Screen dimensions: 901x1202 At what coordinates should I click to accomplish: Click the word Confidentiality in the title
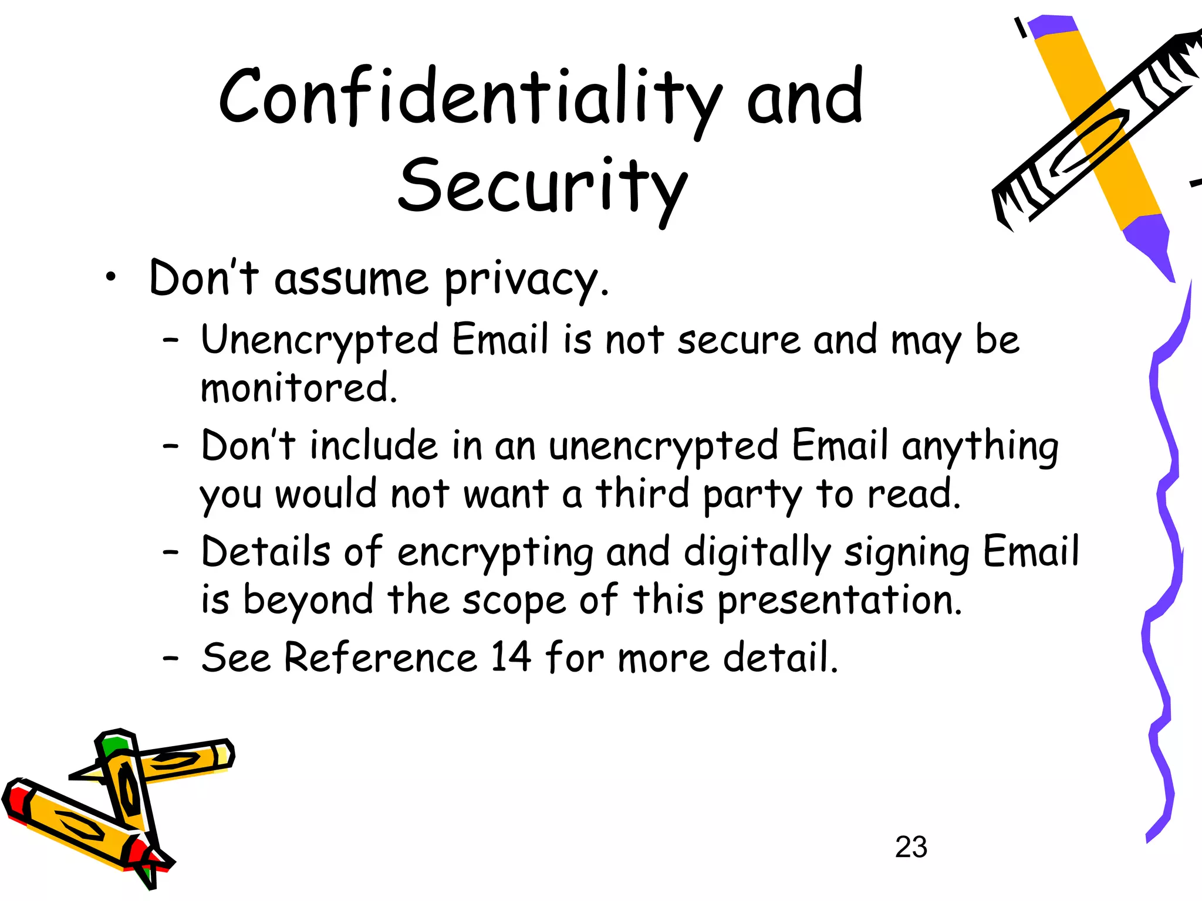(x=470, y=97)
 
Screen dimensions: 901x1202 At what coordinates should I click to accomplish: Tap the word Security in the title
(x=543, y=187)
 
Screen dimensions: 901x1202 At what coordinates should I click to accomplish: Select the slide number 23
(x=911, y=847)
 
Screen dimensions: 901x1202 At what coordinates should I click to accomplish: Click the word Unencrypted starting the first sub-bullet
(x=320, y=340)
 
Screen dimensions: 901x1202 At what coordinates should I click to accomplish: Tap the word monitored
(x=299, y=388)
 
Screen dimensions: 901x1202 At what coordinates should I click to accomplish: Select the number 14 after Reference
(x=511, y=657)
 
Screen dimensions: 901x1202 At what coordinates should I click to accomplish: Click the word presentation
(x=840, y=601)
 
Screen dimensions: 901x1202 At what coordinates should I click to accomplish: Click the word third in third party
(x=643, y=493)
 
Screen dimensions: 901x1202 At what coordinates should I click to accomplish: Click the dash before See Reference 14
(x=170, y=658)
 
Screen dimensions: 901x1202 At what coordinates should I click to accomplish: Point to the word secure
(x=739, y=340)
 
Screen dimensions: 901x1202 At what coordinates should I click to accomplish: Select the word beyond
(x=308, y=601)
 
